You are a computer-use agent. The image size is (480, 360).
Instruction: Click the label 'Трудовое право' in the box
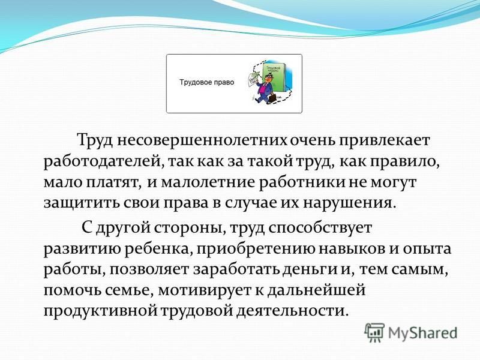[206, 82]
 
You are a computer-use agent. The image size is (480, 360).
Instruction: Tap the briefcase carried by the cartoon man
[272, 98]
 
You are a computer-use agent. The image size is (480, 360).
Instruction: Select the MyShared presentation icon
[374, 332]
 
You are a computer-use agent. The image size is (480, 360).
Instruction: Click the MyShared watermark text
[422, 333]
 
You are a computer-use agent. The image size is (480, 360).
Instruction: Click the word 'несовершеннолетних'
[202, 140]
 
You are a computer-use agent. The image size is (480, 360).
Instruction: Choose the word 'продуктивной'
[100, 311]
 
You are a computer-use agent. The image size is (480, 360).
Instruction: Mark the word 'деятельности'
[292, 311]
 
